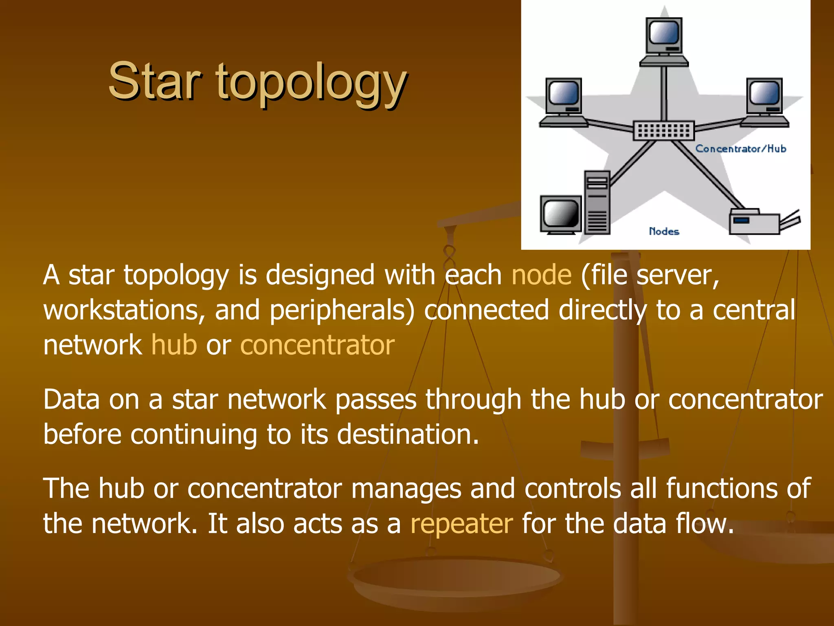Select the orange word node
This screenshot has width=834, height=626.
click(541, 275)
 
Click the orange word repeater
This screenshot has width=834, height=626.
click(461, 524)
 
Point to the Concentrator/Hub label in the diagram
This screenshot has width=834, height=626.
click(740, 149)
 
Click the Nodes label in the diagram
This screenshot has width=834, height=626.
click(664, 231)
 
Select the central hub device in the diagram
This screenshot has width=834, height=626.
click(663, 131)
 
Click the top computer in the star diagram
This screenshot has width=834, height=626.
click(664, 41)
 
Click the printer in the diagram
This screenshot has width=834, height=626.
click(757, 222)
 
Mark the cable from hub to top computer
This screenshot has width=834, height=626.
click(664, 94)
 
